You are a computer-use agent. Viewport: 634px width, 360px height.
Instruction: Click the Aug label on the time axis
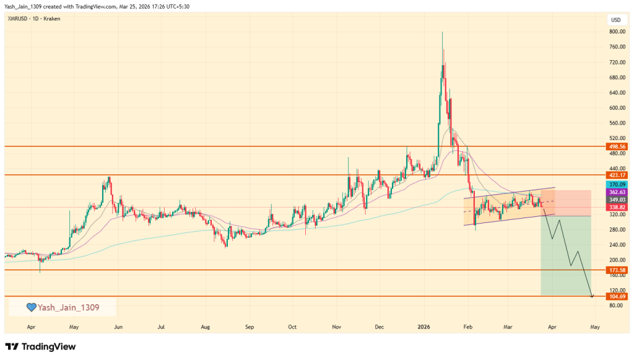[206, 326]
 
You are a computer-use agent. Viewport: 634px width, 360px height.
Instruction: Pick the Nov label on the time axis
[337, 326]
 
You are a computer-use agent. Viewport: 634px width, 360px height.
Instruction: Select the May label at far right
[594, 326]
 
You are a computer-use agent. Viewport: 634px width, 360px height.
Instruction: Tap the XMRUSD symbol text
[17, 19]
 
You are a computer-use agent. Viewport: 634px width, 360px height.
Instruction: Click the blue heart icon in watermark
[30, 307]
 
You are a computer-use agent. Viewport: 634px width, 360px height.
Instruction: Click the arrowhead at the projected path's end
[593, 297]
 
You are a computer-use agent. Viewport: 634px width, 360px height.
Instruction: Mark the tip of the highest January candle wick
[442, 32]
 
